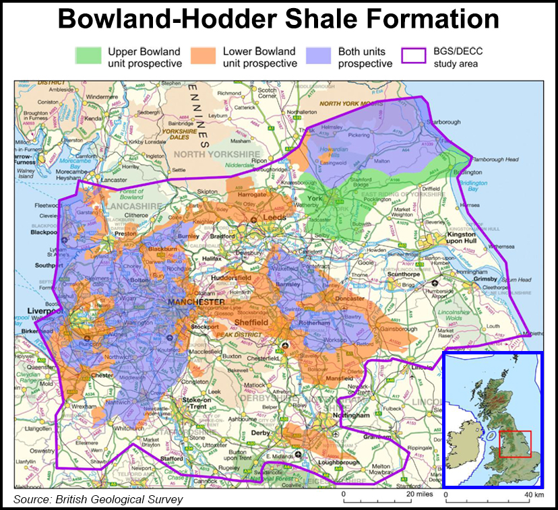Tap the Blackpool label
[43, 232]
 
